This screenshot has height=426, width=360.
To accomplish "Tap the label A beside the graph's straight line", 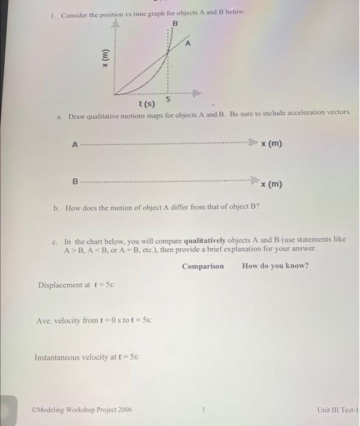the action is (x=189, y=44).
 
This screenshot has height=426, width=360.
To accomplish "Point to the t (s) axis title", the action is (x=147, y=104).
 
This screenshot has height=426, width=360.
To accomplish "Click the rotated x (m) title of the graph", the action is (x=105, y=57).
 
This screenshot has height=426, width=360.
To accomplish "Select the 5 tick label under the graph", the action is (x=168, y=99).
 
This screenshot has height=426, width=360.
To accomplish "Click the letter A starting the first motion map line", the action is (x=75, y=145).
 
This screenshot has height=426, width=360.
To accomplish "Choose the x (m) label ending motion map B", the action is (x=271, y=183).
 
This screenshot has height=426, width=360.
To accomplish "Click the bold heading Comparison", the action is (x=202, y=266).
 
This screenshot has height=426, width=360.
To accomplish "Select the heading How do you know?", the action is (x=275, y=266).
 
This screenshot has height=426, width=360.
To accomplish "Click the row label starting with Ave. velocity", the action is (x=94, y=320).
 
